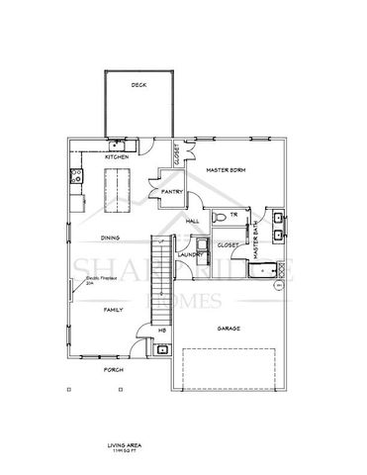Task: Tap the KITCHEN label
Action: (x=119, y=156)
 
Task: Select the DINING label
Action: (x=111, y=237)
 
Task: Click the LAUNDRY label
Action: (x=190, y=254)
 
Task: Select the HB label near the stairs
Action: (x=163, y=331)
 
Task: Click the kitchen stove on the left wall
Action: (x=75, y=179)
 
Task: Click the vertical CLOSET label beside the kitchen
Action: (x=175, y=153)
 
